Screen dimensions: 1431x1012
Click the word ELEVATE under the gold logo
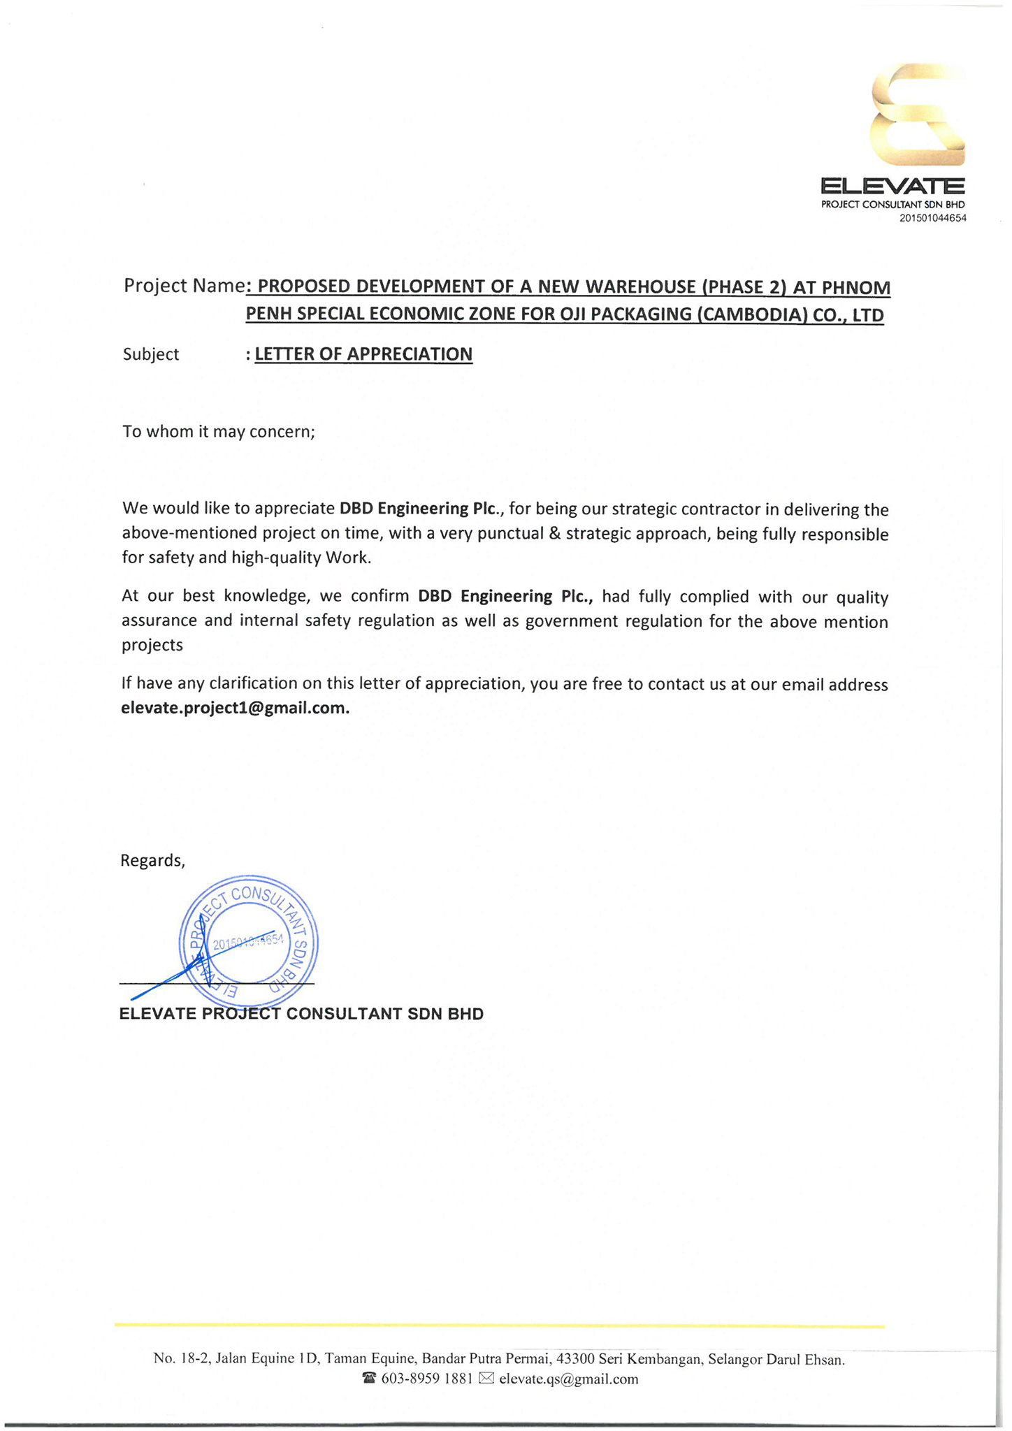point(892,187)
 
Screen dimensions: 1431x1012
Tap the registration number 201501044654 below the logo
point(932,219)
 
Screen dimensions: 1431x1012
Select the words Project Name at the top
point(184,286)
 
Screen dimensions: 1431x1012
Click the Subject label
point(151,354)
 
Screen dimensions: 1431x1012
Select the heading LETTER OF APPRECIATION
point(363,354)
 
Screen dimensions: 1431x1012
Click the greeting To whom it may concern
point(219,431)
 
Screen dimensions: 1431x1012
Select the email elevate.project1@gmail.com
point(235,708)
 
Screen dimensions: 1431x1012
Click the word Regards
point(152,860)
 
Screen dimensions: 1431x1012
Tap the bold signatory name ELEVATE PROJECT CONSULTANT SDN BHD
point(301,1014)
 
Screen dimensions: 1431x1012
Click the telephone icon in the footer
point(370,1379)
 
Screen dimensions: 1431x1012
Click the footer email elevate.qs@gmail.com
point(568,1379)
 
